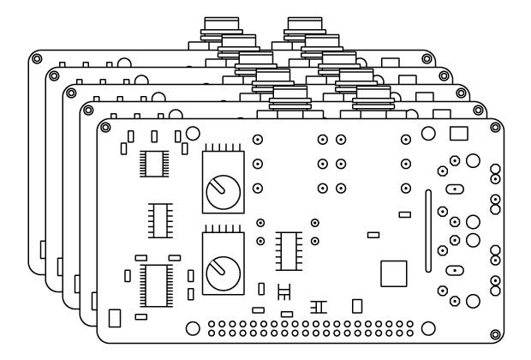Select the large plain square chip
[395, 273]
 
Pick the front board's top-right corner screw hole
[494, 127]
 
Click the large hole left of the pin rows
[193, 328]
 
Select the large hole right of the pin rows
[428, 328]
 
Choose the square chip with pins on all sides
[155, 162]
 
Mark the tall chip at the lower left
[156, 284]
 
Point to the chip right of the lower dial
[287, 249]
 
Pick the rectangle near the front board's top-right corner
[458, 133]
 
